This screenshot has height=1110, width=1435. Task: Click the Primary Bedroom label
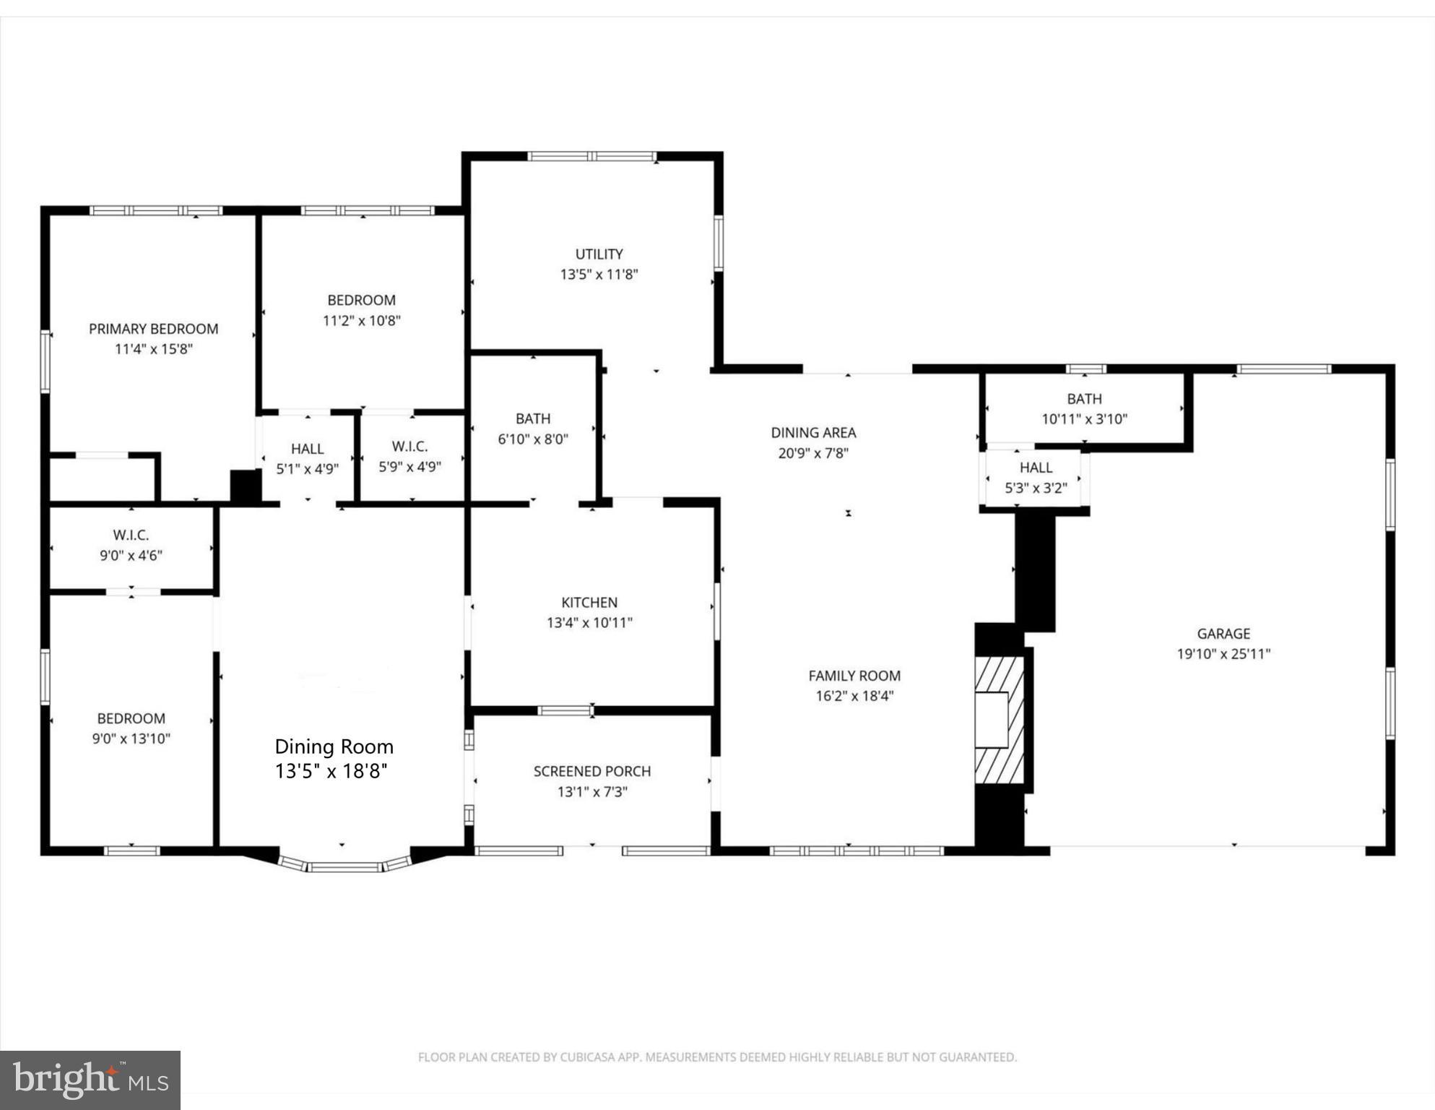pos(153,329)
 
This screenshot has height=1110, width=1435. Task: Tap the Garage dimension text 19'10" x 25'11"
pos(1223,654)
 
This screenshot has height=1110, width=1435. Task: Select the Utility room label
pos(599,254)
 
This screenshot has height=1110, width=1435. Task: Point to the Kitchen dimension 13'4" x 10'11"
pos(589,622)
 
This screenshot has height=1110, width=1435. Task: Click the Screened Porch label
pos(592,771)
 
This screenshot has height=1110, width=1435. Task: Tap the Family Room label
pos(854,676)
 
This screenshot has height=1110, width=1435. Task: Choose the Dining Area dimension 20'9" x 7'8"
pos(813,453)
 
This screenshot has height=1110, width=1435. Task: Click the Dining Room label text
pos(334,747)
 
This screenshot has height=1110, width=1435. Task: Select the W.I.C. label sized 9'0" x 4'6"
pos(131,535)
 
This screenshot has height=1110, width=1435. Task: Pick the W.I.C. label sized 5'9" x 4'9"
pos(409,447)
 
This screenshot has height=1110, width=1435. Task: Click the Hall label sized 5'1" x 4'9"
pos(307,449)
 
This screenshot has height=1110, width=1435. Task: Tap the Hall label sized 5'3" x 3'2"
pos(1036,468)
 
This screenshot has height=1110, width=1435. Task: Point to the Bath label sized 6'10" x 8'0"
pos(533,418)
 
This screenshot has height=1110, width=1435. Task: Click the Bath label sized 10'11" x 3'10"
pos(1084,398)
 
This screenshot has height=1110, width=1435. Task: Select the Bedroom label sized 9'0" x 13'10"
pos(131,718)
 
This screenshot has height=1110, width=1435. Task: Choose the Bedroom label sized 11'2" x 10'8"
pos(361,300)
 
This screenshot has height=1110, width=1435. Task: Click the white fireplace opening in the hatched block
pos(991,719)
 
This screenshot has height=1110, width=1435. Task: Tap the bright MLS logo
pos(90,1080)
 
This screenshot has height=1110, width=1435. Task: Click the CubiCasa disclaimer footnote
pos(717,1057)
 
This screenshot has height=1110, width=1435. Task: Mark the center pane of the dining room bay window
pos(345,866)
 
